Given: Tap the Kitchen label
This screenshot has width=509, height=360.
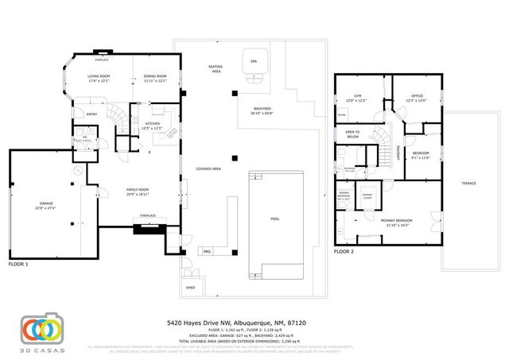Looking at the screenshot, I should (x=151, y=124).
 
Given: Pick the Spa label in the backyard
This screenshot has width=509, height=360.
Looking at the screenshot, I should (x=254, y=60).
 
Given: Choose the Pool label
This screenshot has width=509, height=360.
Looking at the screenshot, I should (x=275, y=218).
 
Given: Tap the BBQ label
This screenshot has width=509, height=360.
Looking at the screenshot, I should (x=207, y=251).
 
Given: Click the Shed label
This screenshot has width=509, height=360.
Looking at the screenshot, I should (x=191, y=287).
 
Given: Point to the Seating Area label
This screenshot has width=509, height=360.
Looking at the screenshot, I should (x=215, y=68).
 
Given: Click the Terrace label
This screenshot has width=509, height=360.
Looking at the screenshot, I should (x=468, y=183).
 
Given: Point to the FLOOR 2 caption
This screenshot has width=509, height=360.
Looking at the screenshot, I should (x=344, y=250).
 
